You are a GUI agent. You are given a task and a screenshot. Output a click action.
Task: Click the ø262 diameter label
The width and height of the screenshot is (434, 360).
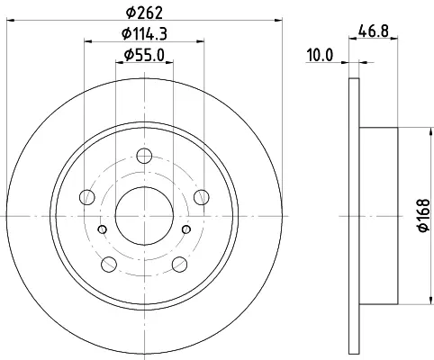pos(144,12)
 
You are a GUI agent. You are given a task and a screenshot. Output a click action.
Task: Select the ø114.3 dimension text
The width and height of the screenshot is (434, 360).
pos(144,33)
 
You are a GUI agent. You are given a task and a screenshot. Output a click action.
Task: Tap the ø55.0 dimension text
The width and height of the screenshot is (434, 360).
pos(144,55)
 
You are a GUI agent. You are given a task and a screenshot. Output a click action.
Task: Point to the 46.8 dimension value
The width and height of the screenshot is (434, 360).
pos(374,31)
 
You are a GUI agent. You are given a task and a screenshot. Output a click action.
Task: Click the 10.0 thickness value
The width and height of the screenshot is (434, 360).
pos(320,56)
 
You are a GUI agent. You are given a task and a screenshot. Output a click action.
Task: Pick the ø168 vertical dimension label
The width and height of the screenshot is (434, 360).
pos(423,215)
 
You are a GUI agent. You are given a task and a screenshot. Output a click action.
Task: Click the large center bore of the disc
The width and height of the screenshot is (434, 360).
pos(144,216)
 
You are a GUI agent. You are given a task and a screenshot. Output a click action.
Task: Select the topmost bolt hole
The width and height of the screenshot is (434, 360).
pos(144,156)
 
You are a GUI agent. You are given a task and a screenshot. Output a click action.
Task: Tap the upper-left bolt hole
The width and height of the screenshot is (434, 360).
pos(87,197)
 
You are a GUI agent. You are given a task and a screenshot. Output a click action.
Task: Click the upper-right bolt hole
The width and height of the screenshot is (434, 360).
pos(202,197)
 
